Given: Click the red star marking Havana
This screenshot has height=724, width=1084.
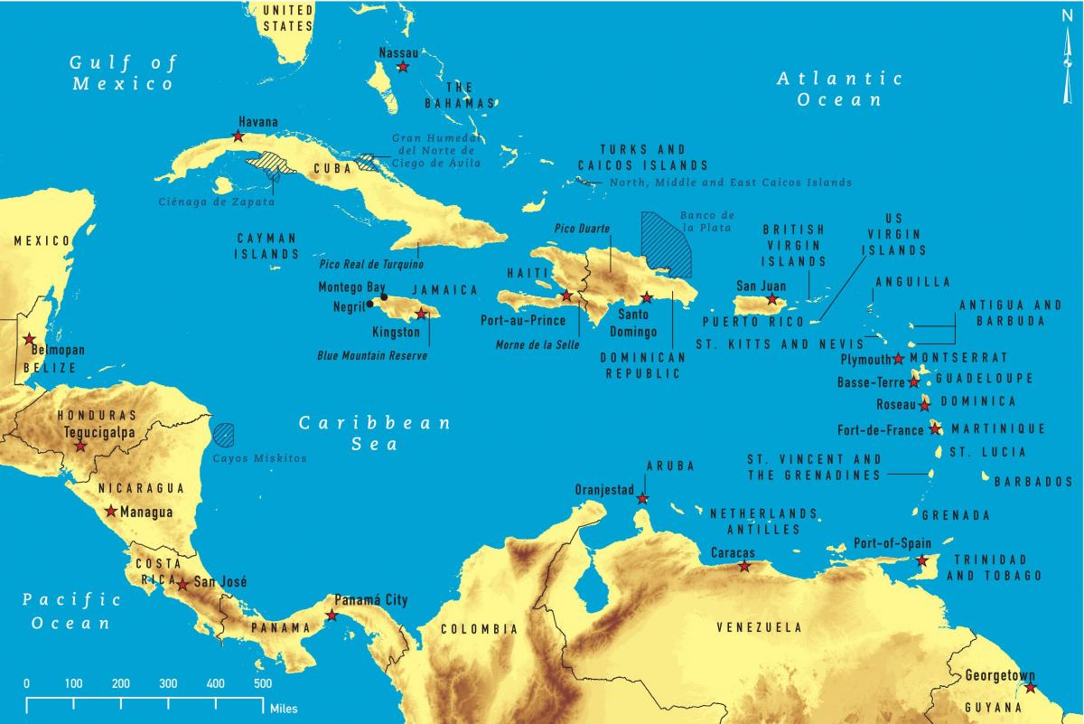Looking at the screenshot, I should coord(238,136).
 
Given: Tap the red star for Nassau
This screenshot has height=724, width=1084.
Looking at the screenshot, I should coord(403,68).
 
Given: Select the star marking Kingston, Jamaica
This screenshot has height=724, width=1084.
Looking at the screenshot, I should coord(420,315).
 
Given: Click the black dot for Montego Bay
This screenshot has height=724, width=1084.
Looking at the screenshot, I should coord(384,296).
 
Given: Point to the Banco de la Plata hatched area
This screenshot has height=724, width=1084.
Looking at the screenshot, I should coord(666,244).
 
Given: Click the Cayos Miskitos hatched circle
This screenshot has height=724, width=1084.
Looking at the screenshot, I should coord(224,435).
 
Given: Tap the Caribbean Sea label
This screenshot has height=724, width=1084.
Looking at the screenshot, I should coord(375,434).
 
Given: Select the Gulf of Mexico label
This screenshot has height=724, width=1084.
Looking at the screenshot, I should coord(124,73).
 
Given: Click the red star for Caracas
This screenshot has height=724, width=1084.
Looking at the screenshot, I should coord(744,567).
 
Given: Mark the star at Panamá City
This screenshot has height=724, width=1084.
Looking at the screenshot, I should coord(332,616).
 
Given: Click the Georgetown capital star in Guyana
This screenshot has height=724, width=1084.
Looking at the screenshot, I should coord(1031,689).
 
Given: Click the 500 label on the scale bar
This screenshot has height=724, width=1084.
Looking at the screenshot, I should coord(262,683).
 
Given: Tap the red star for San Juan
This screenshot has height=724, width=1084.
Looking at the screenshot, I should coord(771,299).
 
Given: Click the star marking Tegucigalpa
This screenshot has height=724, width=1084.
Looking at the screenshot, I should coord(80,446).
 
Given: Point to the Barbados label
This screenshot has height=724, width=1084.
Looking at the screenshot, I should coord(1033,483).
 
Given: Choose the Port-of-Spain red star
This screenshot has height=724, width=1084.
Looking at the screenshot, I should coord(921,561).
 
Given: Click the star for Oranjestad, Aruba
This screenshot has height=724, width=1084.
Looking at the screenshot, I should coord(642,499).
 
